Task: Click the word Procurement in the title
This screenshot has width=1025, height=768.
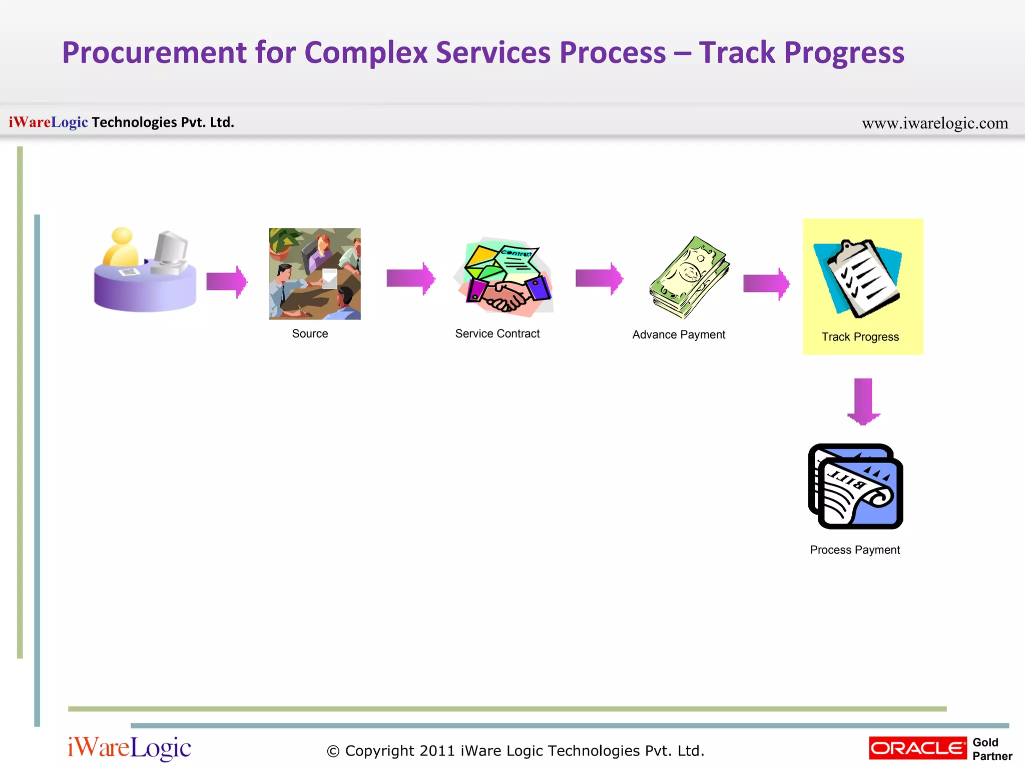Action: point(154,53)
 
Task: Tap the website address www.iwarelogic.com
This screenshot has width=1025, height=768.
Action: point(934,123)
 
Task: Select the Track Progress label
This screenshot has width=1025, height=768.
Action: point(860,337)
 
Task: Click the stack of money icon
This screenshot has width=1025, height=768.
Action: point(689,277)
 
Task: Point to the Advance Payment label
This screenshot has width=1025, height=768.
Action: point(678,334)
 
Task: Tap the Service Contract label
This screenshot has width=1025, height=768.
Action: point(497,333)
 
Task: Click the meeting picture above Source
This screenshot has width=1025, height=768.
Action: point(314,273)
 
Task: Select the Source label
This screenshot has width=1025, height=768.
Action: point(310,333)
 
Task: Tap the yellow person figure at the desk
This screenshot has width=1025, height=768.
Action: point(121,247)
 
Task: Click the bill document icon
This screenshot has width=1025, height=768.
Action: point(856,486)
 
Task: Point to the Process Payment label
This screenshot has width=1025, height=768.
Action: point(854,550)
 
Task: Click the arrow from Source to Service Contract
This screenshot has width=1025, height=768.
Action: point(410,278)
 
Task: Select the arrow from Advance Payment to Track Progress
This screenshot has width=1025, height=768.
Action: point(766,283)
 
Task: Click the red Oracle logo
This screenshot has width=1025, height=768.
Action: point(917,748)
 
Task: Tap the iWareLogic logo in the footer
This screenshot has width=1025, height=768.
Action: point(129,748)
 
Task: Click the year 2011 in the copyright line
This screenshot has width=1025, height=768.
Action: point(436,751)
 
